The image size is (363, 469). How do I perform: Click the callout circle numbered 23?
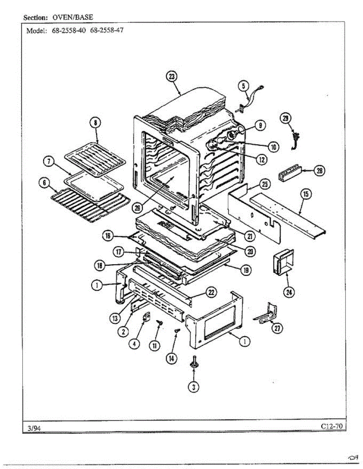point(172,77)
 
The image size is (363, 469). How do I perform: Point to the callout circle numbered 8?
point(95,123)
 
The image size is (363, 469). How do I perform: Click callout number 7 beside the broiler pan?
point(49,162)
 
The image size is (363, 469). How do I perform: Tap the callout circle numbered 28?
point(320,171)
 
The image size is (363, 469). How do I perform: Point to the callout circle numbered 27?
point(277,329)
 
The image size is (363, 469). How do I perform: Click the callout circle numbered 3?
point(193,387)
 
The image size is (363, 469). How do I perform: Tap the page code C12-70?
point(331,426)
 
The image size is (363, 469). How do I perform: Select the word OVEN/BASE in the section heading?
point(73,18)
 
